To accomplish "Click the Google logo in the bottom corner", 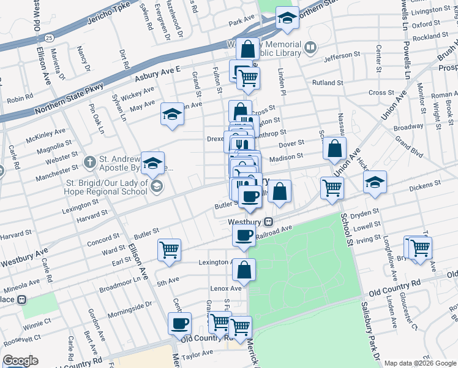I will (20, 361).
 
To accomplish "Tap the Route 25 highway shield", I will (48, 37).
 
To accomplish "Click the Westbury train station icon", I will (268, 221).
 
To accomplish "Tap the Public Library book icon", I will (311, 47).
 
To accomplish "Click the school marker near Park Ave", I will (286, 18).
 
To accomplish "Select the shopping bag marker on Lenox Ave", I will (244, 269).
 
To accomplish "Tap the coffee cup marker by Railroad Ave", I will (244, 236).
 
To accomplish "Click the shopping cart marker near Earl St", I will (169, 250).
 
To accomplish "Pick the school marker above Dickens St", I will (375, 182).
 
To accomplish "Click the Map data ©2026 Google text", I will (419, 363).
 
